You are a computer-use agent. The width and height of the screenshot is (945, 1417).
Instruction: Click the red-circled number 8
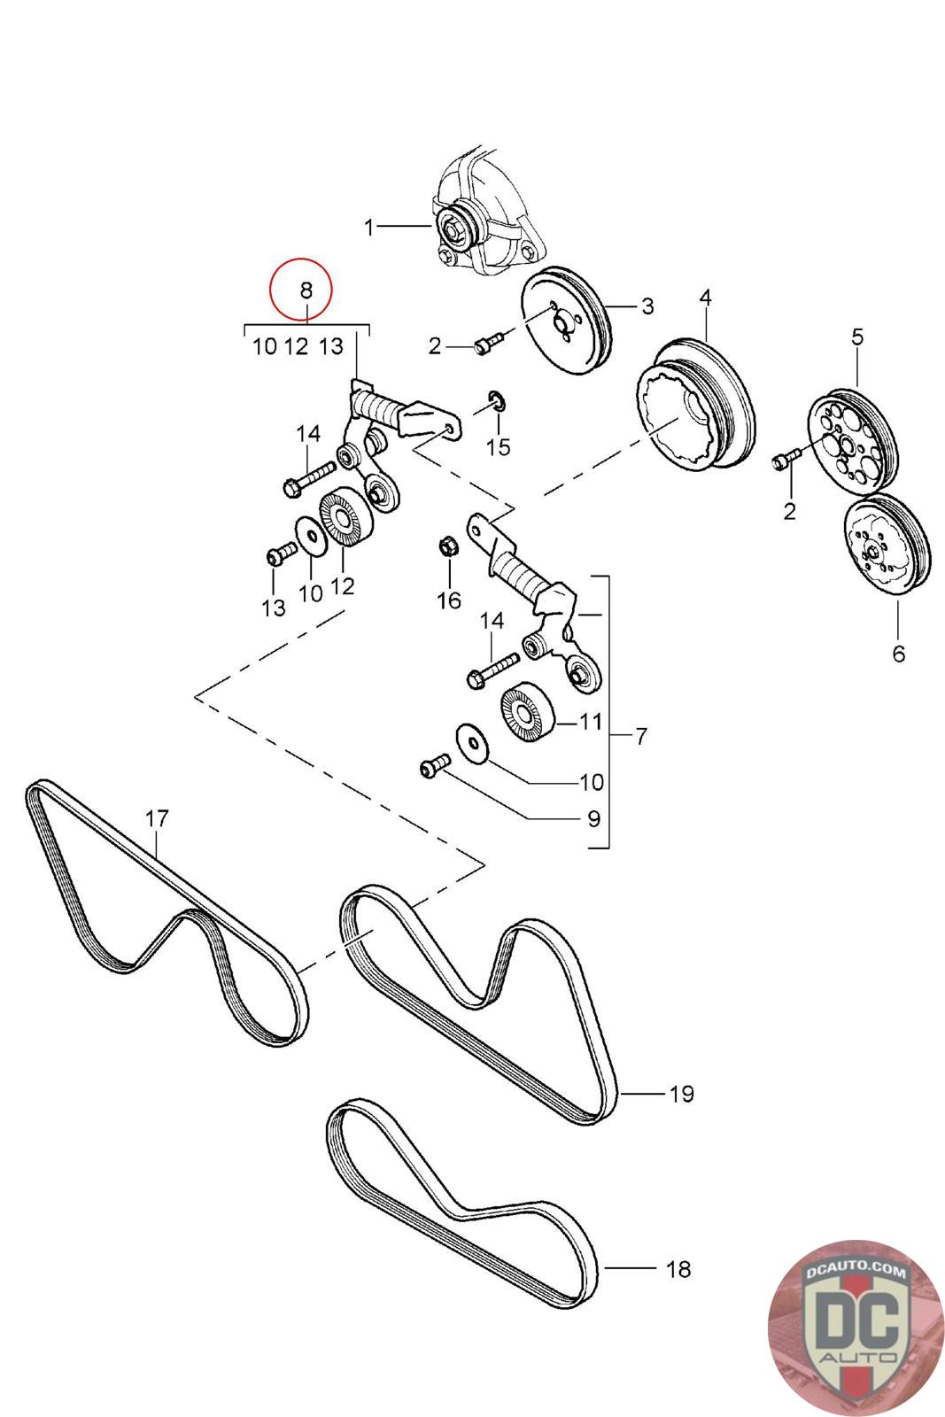point(306,290)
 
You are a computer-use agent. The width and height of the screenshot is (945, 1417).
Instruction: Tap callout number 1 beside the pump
point(369,227)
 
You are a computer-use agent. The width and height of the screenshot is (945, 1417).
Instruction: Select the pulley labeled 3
point(567,320)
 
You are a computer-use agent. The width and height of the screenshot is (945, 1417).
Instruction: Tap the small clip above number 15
point(497,401)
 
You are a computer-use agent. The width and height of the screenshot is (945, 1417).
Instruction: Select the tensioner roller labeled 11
point(528,712)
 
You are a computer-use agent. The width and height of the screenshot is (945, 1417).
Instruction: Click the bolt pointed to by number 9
point(435,765)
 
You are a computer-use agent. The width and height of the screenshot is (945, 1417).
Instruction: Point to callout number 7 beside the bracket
point(641,736)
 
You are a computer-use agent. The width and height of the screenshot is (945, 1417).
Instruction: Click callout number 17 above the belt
point(157,818)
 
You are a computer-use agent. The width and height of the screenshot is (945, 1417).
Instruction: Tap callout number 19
point(682,1093)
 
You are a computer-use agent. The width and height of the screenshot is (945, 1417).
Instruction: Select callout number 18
point(678,1268)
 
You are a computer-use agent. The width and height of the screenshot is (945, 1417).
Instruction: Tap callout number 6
point(899,654)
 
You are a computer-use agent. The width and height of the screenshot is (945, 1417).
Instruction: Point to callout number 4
point(706,298)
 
